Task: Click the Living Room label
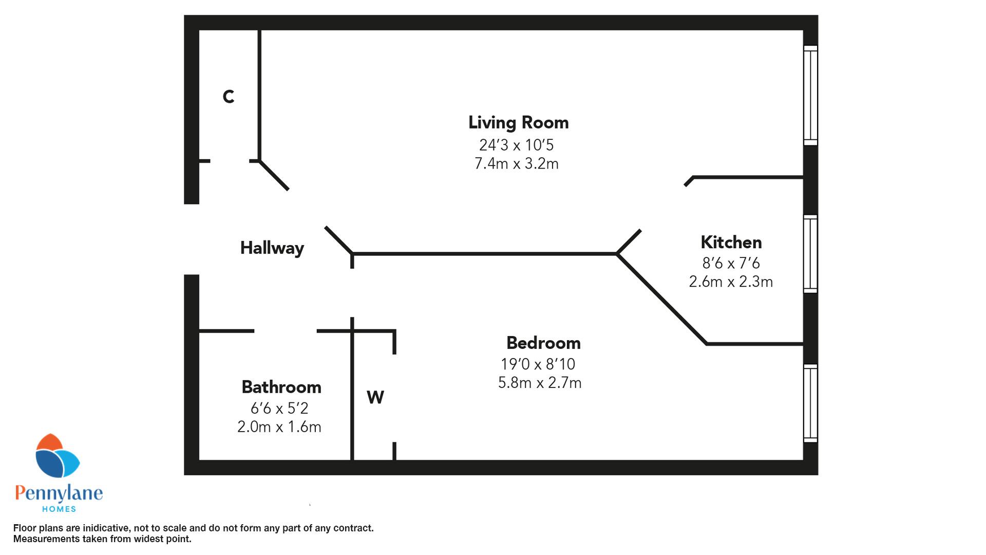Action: point(518,122)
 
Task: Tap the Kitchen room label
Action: point(731,242)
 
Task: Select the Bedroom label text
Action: point(543,343)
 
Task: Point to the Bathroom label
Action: point(281,387)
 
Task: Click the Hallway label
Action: point(272,248)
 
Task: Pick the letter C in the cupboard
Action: point(229,97)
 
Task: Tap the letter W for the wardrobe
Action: point(375,397)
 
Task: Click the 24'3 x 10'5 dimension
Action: point(517,145)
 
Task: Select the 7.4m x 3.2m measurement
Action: point(517,164)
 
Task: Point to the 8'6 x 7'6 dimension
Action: point(731,263)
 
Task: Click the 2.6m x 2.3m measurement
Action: point(731,282)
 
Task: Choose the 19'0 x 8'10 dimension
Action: point(538,364)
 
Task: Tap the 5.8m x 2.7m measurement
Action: point(540,383)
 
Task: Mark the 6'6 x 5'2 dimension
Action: point(279,409)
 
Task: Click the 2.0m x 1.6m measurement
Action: point(279,427)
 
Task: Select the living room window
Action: point(810,96)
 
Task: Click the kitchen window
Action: point(810,254)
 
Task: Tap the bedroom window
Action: point(810,403)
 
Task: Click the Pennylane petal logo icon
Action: point(57,455)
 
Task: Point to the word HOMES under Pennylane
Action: point(59,509)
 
